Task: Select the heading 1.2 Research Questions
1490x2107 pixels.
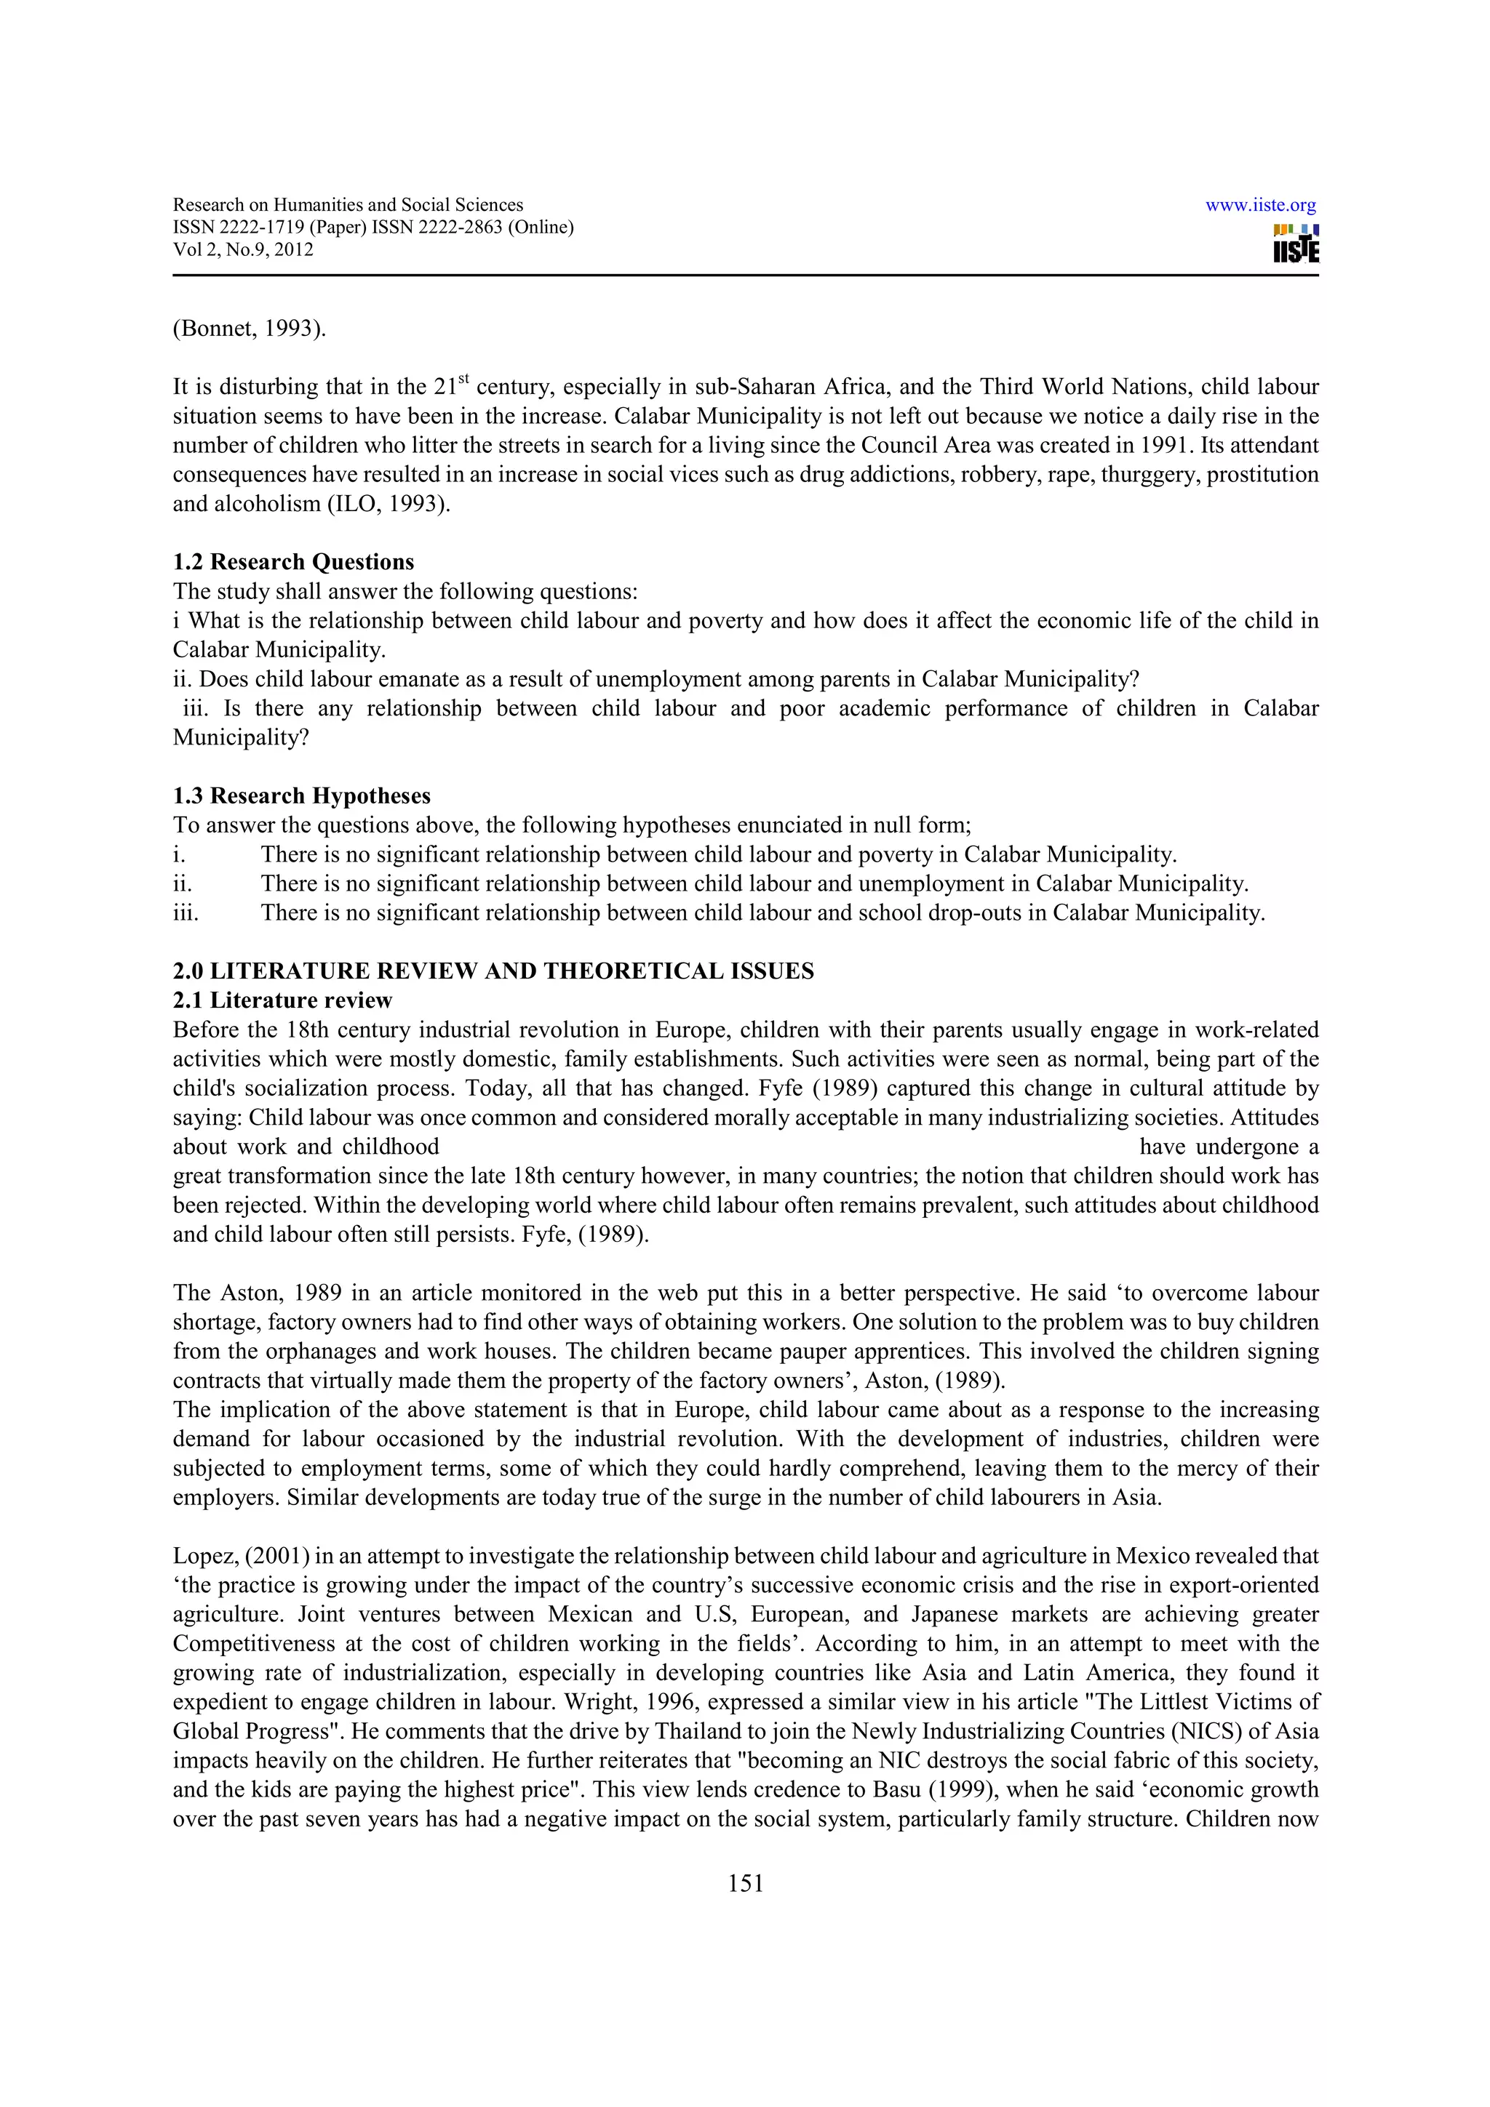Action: [293, 561]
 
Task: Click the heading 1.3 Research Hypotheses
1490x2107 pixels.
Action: [301, 795]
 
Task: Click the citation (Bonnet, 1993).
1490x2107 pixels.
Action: [249, 329]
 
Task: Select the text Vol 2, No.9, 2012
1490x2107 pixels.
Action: [242, 249]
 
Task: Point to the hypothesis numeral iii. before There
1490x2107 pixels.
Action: [186, 913]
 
